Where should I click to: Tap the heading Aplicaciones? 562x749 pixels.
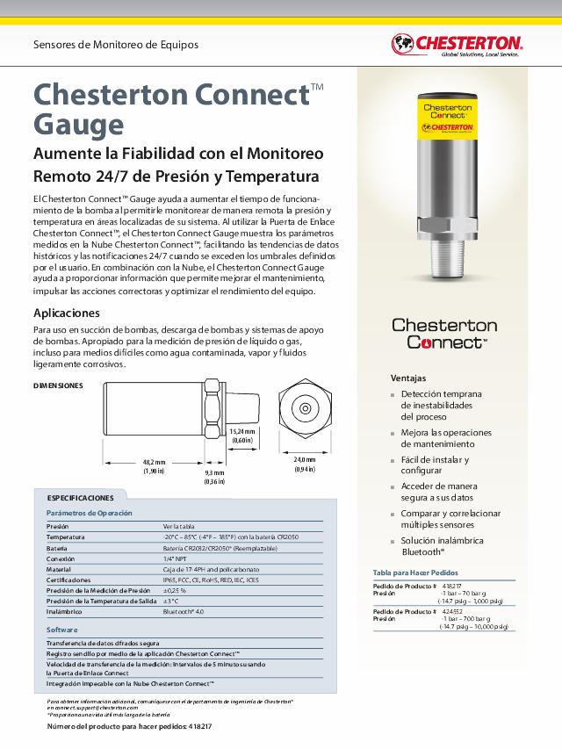coord(67,313)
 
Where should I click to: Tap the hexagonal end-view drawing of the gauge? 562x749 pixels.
coord(304,407)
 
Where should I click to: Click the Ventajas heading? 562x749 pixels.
coord(408,377)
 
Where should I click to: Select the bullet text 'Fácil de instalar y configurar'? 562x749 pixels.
coord(435,465)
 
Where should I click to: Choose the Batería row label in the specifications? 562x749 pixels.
coord(57,547)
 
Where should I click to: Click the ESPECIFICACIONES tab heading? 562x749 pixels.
coord(80,497)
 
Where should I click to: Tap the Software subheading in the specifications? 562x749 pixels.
coord(61,630)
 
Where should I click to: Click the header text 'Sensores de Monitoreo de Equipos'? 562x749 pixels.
coord(116,44)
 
